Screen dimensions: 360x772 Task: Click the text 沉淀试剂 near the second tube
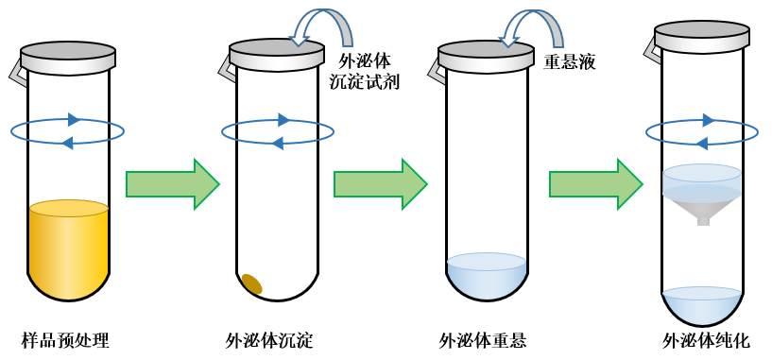click(x=365, y=82)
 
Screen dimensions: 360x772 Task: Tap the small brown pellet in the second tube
click(x=251, y=283)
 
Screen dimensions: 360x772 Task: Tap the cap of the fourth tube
click(x=702, y=35)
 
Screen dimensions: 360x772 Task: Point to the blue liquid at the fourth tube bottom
click(x=702, y=304)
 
